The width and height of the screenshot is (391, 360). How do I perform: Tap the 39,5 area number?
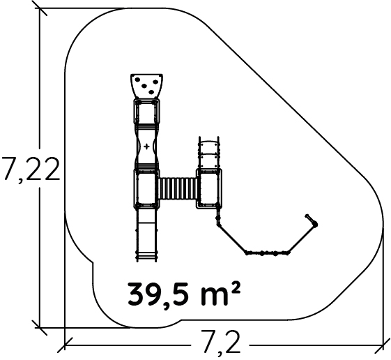[162, 294]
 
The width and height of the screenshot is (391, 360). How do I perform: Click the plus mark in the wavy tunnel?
[146, 147]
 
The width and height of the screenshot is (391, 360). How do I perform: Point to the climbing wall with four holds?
[146, 86]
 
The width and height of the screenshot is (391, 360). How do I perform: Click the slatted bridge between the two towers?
[178, 188]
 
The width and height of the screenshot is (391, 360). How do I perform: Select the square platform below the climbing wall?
[146, 111]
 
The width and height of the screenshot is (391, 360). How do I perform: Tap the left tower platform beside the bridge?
[146, 188]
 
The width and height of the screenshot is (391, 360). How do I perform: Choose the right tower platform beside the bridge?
[209, 188]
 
